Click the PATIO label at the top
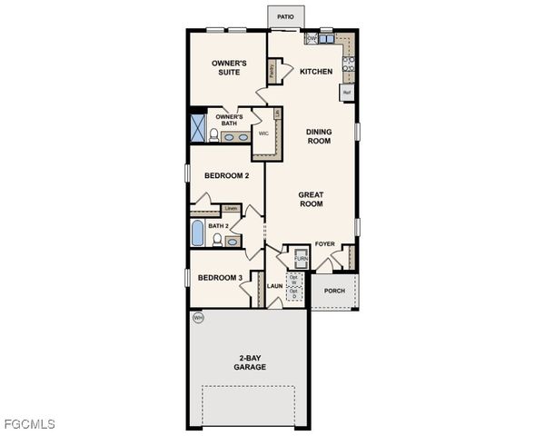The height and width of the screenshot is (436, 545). click(285, 15)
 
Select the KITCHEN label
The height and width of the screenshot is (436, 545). click(316, 72)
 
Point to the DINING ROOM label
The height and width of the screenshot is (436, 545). click(319, 136)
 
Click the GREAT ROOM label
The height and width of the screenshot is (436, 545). click(312, 199)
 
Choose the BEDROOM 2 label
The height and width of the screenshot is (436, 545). click(226, 175)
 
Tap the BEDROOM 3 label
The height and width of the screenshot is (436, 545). click(220, 277)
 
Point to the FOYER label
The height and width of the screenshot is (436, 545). click(324, 244)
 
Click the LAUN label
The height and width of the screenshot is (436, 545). click(275, 286)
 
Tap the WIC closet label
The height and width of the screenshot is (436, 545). click(263, 133)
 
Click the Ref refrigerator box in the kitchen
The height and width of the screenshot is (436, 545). click(347, 92)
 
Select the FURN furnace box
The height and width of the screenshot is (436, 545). click(300, 259)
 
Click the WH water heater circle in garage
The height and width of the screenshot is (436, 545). click(196, 317)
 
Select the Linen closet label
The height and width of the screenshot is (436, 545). click(231, 209)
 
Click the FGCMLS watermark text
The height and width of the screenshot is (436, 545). click(29, 424)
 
